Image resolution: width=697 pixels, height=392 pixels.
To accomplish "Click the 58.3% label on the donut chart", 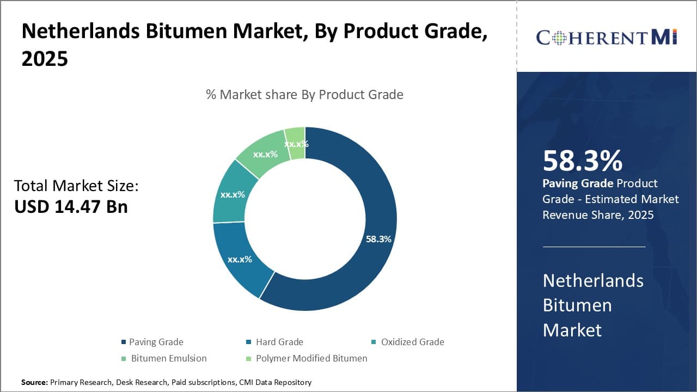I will coord(378,239).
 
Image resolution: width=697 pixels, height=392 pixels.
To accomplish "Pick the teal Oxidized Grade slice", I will coord(231,195).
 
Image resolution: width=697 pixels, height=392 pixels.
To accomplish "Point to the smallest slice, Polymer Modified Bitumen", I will coord(296,143).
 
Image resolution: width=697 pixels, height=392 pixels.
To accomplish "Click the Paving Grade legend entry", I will coord(156,342).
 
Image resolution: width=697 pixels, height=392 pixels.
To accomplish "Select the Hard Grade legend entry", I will coord(279,342).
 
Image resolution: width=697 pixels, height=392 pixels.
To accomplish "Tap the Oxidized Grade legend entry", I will coord(412,342).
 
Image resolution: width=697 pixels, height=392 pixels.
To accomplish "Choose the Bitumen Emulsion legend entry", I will coord(168,358).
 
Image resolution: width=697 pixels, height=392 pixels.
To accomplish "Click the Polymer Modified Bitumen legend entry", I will coord(311,358).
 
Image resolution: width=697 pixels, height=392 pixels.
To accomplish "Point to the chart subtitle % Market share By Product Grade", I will coord(304,95).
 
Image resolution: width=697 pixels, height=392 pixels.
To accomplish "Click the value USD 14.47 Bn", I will coord(71,207).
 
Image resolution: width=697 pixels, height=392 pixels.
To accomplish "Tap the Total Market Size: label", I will coord(76,186).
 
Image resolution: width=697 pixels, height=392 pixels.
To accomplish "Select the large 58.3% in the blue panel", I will coord(582,161).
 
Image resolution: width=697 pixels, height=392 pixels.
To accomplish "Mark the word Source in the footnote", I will coord(34,382).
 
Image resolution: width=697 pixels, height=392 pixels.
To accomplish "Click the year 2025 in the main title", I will coord(45,59).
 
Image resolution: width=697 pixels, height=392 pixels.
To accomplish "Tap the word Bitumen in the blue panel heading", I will coord(577,305).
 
